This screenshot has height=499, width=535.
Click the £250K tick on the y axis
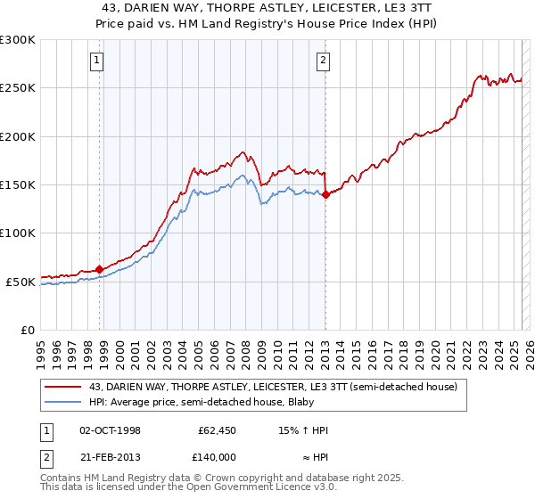tap(18, 88)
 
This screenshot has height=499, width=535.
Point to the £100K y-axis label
tap(18, 233)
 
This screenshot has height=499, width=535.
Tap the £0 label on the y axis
tap(27, 330)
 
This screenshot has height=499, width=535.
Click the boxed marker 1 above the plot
tap(95, 61)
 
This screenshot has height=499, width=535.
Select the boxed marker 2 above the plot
tap(322, 61)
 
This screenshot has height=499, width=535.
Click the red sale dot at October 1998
tap(99, 269)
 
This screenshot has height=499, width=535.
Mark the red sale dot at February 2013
tap(325, 195)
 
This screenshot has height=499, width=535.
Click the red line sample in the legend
tap(63, 387)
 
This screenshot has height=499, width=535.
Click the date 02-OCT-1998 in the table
tap(110, 430)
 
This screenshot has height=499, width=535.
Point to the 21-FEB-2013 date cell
tap(110, 455)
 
